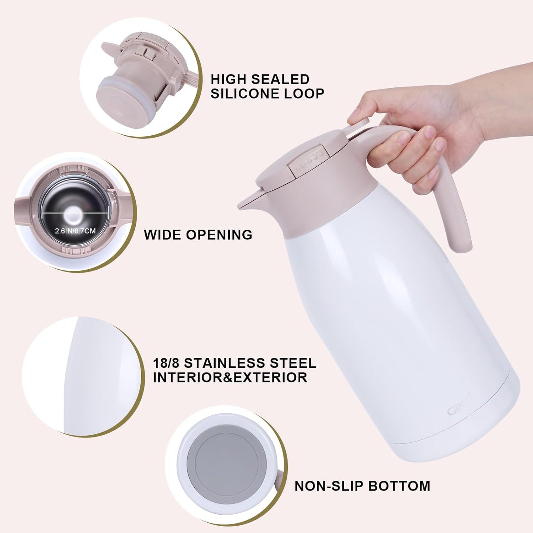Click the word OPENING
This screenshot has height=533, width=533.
219,235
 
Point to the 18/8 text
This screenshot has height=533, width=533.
166,363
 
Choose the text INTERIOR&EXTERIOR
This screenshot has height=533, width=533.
230,378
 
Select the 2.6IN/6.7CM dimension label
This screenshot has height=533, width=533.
75,231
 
